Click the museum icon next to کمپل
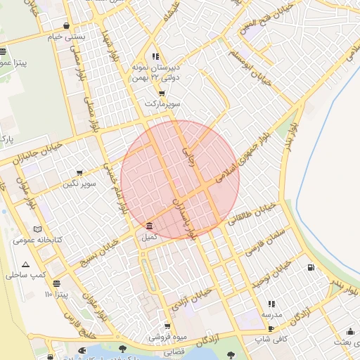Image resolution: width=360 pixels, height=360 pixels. click(149, 226)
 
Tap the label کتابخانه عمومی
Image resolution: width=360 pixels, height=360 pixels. click(37, 240)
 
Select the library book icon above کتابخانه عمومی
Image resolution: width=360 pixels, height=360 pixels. click(37, 229)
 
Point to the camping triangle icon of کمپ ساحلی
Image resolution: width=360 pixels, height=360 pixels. click(26, 265)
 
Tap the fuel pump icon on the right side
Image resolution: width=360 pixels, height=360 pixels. click(310, 267)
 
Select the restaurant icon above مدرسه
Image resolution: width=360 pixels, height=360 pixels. click(271, 304)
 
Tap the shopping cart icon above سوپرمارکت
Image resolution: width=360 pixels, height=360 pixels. click(162, 93)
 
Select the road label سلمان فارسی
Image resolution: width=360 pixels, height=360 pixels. click(264, 242)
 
